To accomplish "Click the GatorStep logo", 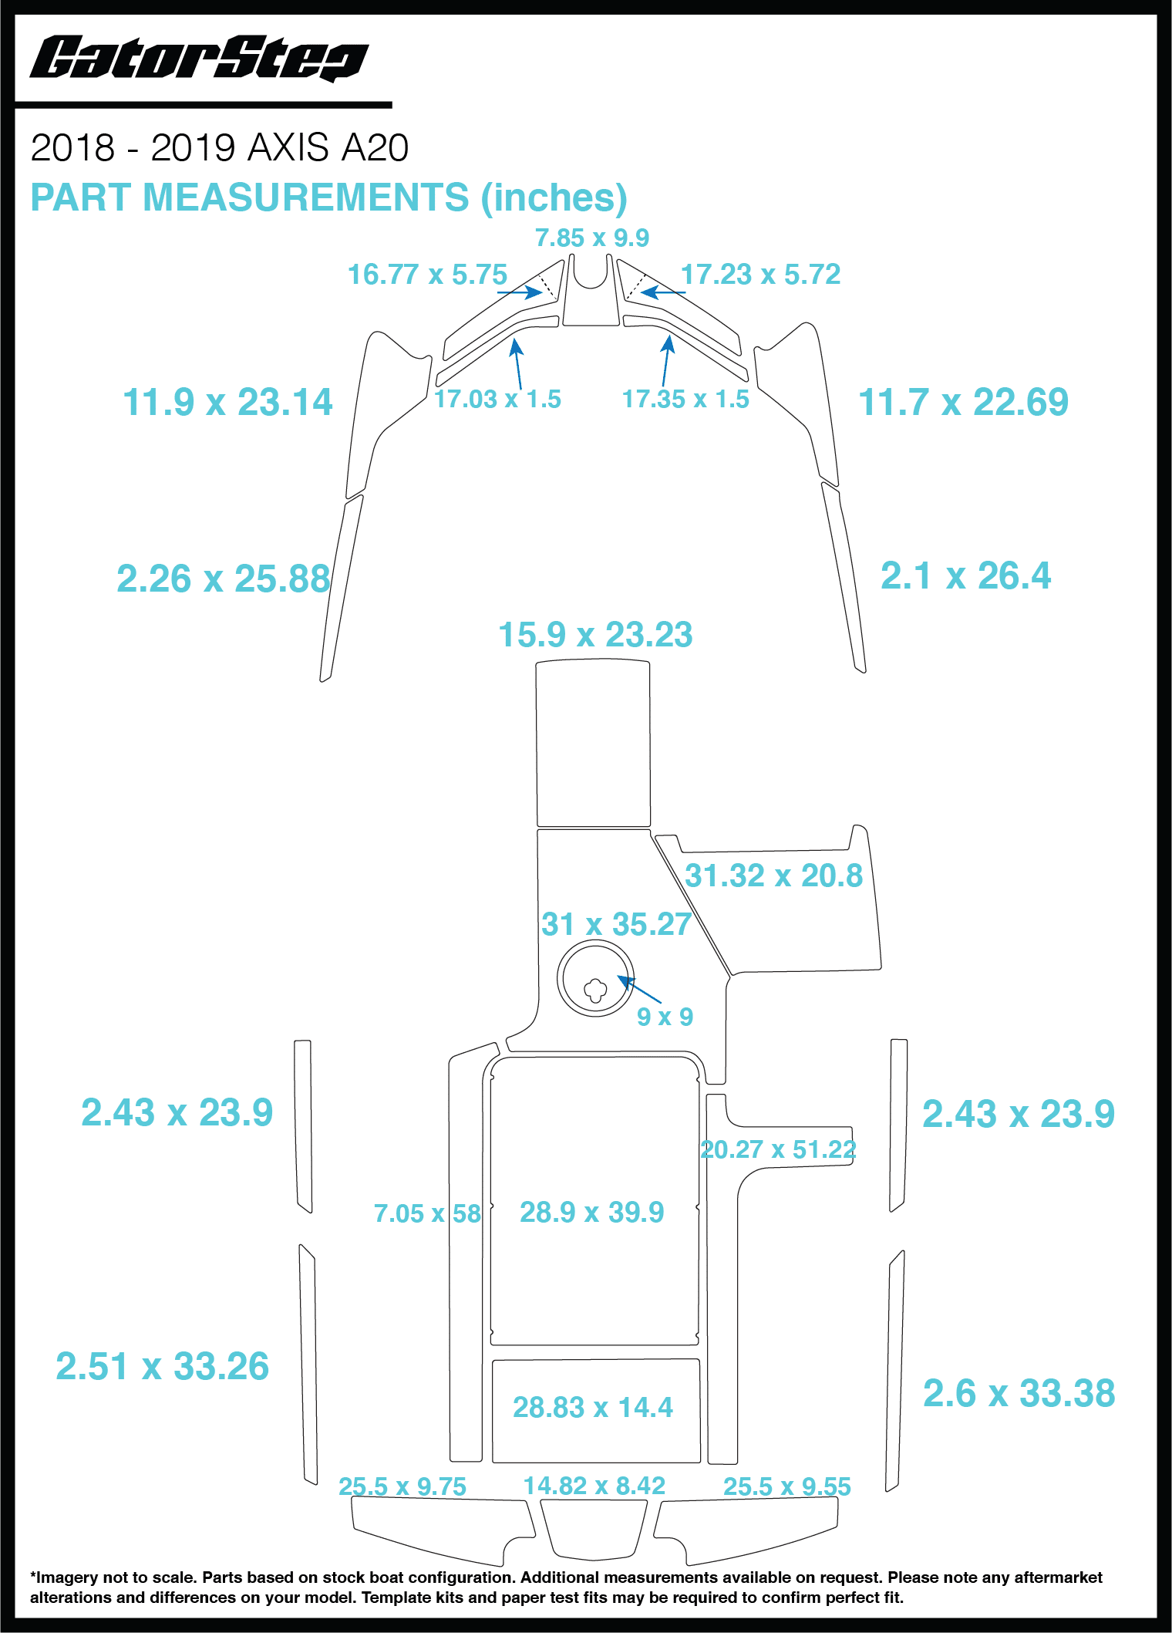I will click(198, 59).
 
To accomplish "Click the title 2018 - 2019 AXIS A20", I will click(219, 147).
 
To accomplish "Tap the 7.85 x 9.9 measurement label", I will click(591, 238).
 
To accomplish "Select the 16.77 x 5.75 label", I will click(426, 275).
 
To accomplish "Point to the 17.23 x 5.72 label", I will click(759, 275).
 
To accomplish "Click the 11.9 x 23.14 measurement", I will click(227, 402).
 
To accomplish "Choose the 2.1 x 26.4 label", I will click(965, 575).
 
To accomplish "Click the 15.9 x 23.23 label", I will click(595, 635).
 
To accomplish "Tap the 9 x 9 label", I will click(664, 1017).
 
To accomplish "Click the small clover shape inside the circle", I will click(595, 990).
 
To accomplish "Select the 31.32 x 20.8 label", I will click(773, 876).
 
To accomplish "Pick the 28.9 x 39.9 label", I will click(591, 1212).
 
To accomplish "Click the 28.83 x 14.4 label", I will click(592, 1407).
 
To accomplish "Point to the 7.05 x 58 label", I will click(427, 1213).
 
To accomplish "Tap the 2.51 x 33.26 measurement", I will click(162, 1366).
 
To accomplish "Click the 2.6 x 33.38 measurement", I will click(1019, 1393).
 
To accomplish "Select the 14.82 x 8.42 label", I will click(594, 1486).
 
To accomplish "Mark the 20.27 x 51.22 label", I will click(777, 1149).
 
